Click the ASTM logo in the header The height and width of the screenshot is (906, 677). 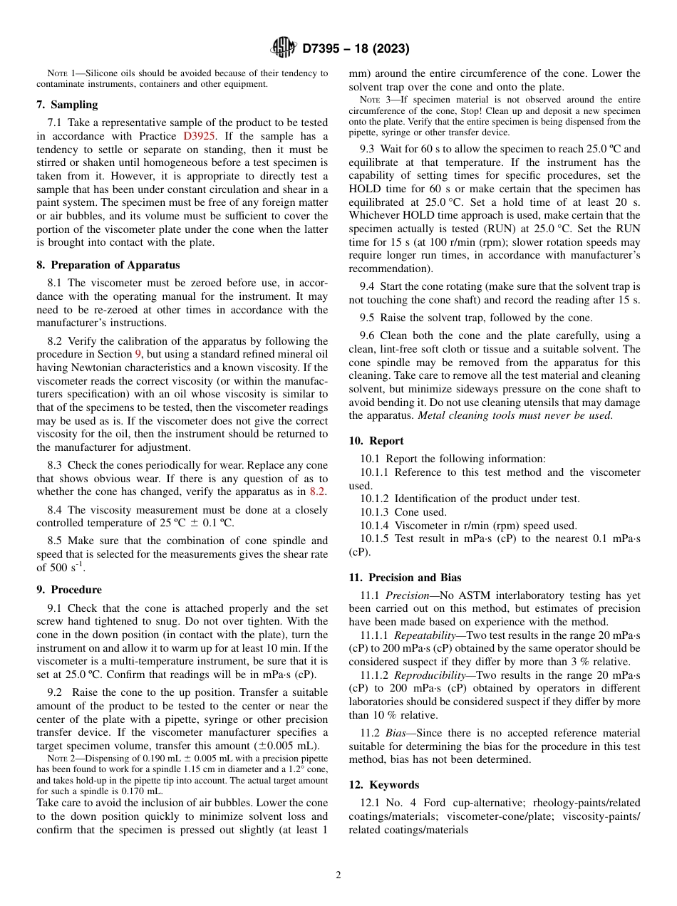[284, 48]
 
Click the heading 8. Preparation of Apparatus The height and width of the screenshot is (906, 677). [108, 265]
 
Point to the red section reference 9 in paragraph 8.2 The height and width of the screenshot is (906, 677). [138, 354]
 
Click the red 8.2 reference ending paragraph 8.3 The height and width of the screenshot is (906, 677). [318, 491]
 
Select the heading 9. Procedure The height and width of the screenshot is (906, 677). [69, 590]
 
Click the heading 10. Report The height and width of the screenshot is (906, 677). [376, 441]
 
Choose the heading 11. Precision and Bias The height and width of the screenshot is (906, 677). [405, 578]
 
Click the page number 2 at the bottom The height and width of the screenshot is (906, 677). [338, 875]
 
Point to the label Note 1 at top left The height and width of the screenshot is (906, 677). [61, 73]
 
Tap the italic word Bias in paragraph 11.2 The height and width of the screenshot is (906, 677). [397, 733]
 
